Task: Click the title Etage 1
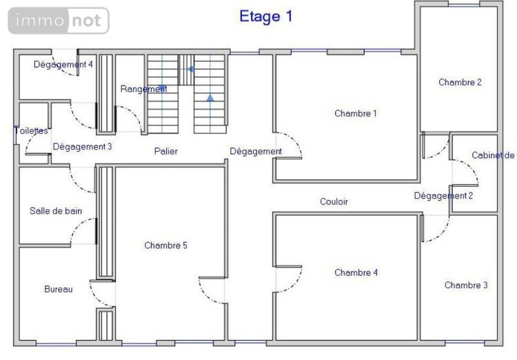click(x=265, y=17)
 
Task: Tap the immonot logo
click(x=59, y=21)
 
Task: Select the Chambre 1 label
click(x=355, y=113)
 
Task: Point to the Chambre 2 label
click(x=460, y=82)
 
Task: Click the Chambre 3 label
click(x=466, y=285)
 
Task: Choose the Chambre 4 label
click(x=356, y=272)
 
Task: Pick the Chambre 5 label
click(x=165, y=245)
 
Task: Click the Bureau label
click(x=58, y=289)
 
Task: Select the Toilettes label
click(x=31, y=130)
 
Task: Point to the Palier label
click(x=166, y=150)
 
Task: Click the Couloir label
click(x=334, y=201)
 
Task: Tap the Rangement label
click(x=144, y=89)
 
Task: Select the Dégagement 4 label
click(x=63, y=64)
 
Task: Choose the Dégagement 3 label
click(x=82, y=146)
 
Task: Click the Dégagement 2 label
click(x=443, y=195)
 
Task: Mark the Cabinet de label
click(x=492, y=155)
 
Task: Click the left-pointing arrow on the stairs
click(x=191, y=69)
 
